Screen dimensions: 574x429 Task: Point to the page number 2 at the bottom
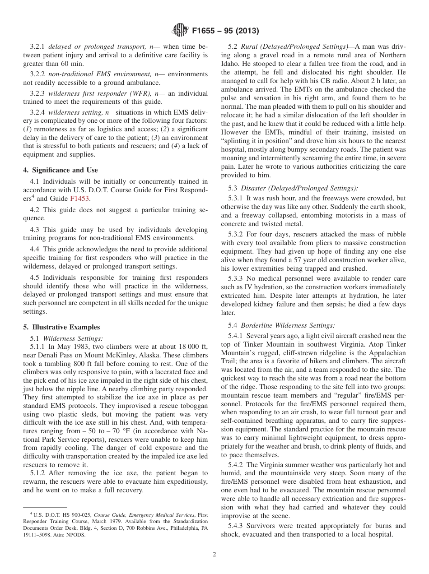[x=214, y=554]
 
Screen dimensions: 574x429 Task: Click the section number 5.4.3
[x=237, y=526]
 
